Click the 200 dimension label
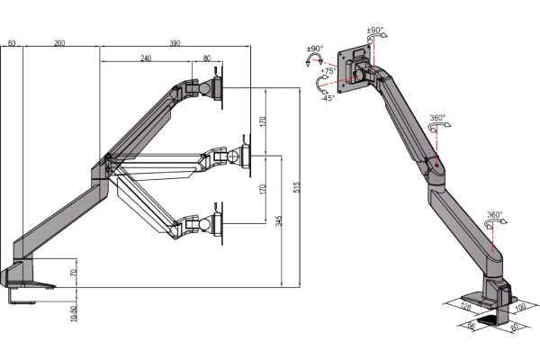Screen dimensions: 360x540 coord(58,43)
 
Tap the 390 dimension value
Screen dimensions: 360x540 coord(175,43)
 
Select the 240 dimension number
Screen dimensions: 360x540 coord(145,58)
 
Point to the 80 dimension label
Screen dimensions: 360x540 coord(207,58)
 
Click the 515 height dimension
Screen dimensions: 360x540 coord(297,187)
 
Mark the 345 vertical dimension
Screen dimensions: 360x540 coord(280,220)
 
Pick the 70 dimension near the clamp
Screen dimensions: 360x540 coord(74,272)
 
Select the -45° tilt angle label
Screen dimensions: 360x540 coord(327,99)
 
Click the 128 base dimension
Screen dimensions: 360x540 coord(466,307)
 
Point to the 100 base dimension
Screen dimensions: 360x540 coord(519,308)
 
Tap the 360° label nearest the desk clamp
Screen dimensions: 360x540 coord(495,216)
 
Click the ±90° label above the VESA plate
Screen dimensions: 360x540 coord(375,30)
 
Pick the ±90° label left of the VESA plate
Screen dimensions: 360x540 coord(315,49)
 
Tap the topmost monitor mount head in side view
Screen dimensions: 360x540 coord(213,88)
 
